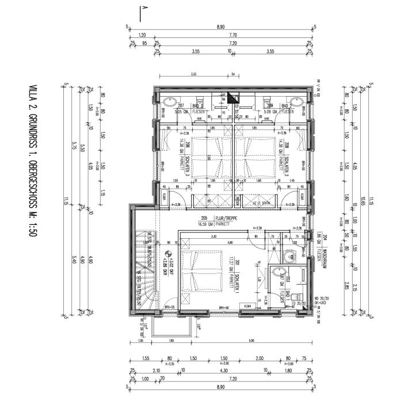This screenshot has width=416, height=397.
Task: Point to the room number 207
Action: tap(180, 106)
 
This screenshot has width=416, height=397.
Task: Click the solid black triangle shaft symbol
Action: tap(232, 98)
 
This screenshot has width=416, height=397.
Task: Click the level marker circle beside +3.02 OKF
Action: tap(168, 253)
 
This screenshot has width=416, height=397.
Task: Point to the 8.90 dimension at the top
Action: tap(220, 26)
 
